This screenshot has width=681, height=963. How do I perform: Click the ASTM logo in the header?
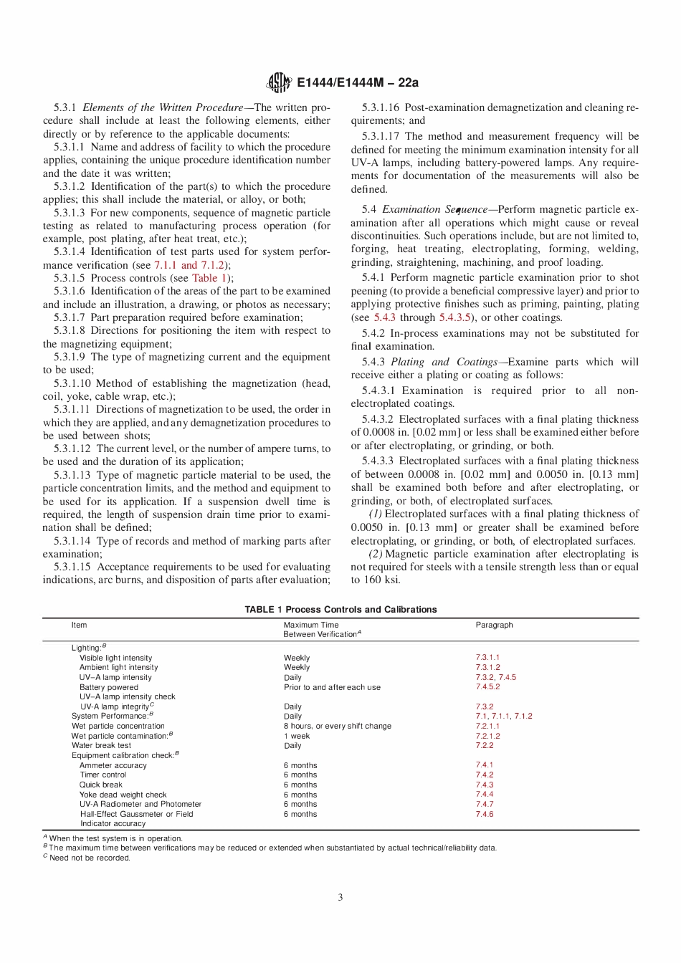click(279, 82)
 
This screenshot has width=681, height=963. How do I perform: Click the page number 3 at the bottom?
click(340, 897)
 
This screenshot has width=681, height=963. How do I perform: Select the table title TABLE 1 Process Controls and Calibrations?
click(340, 610)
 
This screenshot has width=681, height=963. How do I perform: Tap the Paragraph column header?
click(494, 625)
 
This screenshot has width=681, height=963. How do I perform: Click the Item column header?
click(79, 625)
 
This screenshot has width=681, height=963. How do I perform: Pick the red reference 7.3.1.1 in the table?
click(487, 657)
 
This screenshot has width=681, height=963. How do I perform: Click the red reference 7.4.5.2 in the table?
click(487, 686)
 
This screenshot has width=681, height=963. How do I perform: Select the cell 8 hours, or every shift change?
click(337, 726)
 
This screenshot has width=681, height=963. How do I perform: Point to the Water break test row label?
click(101, 745)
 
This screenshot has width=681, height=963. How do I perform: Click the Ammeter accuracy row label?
click(113, 765)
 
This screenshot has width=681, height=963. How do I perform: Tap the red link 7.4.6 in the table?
click(485, 814)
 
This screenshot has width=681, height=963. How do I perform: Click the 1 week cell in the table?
click(297, 736)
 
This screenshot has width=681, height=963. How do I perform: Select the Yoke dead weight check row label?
click(123, 795)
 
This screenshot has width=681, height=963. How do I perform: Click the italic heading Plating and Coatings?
click(444, 362)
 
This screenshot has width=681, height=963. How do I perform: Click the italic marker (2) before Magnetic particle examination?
click(376, 554)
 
